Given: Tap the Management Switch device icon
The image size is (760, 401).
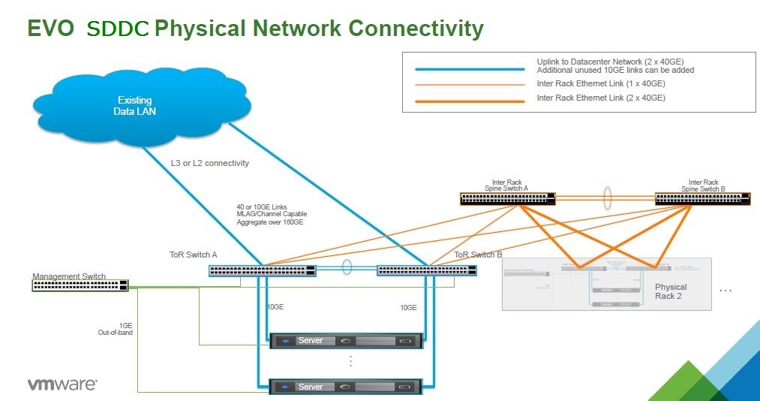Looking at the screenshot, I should (x=80, y=285).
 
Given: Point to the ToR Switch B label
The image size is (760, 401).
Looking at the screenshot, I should (x=478, y=255).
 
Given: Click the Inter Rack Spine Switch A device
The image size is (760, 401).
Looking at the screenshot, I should (x=508, y=199).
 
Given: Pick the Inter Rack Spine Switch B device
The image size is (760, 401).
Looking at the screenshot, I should (x=701, y=199).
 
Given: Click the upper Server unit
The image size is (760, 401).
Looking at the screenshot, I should (x=346, y=341).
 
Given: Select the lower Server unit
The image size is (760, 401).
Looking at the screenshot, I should (x=346, y=387).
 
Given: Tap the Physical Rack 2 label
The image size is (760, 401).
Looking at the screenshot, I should (x=671, y=291).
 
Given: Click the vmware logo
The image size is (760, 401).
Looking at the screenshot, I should (x=62, y=384).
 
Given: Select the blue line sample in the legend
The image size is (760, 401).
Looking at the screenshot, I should (x=470, y=68).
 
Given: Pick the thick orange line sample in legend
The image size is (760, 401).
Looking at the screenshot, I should (x=470, y=98).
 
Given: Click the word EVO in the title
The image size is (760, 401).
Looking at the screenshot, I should (x=50, y=29).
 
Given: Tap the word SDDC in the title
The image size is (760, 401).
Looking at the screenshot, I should (x=119, y=29).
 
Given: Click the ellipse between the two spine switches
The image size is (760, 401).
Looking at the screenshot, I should (x=606, y=199).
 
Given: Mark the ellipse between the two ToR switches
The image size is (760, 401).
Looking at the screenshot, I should (x=347, y=268).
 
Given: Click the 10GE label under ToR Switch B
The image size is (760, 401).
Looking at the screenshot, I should (x=408, y=308).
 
